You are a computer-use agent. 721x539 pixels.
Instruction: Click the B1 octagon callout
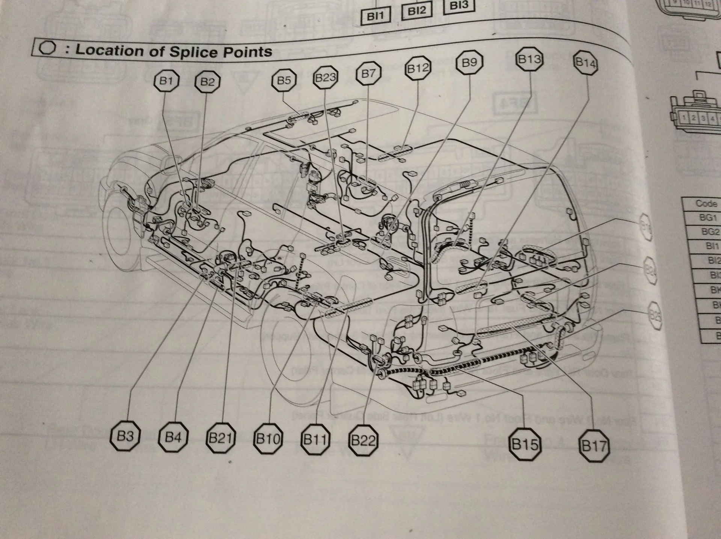(166, 81)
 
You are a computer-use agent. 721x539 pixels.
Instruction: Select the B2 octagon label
(207, 82)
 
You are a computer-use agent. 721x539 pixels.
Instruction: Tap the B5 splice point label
(284, 80)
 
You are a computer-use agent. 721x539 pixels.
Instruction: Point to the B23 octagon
(325, 78)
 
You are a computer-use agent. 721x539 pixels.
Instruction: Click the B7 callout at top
(368, 73)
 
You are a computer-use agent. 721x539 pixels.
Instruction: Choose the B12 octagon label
(418, 68)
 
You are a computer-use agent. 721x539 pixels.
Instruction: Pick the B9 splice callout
(469, 62)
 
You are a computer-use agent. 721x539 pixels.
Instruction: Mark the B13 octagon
(529, 59)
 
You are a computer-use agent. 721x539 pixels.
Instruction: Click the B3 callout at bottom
(125, 436)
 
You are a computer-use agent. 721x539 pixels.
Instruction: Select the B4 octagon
(173, 437)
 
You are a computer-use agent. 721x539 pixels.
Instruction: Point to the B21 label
(221, 438)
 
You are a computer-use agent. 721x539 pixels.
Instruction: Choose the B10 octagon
(268, 439)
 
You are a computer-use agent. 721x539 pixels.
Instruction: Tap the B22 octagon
(363, 441)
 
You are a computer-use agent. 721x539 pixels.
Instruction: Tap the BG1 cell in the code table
(708, 217)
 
